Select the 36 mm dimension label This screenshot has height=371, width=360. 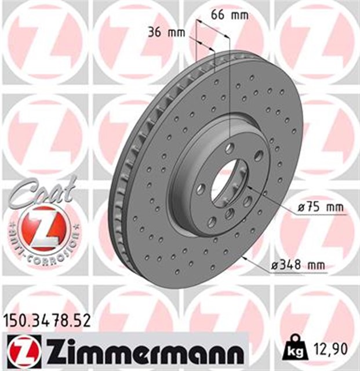pos(162,32)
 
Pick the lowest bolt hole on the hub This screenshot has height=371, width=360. pos(212,221)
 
